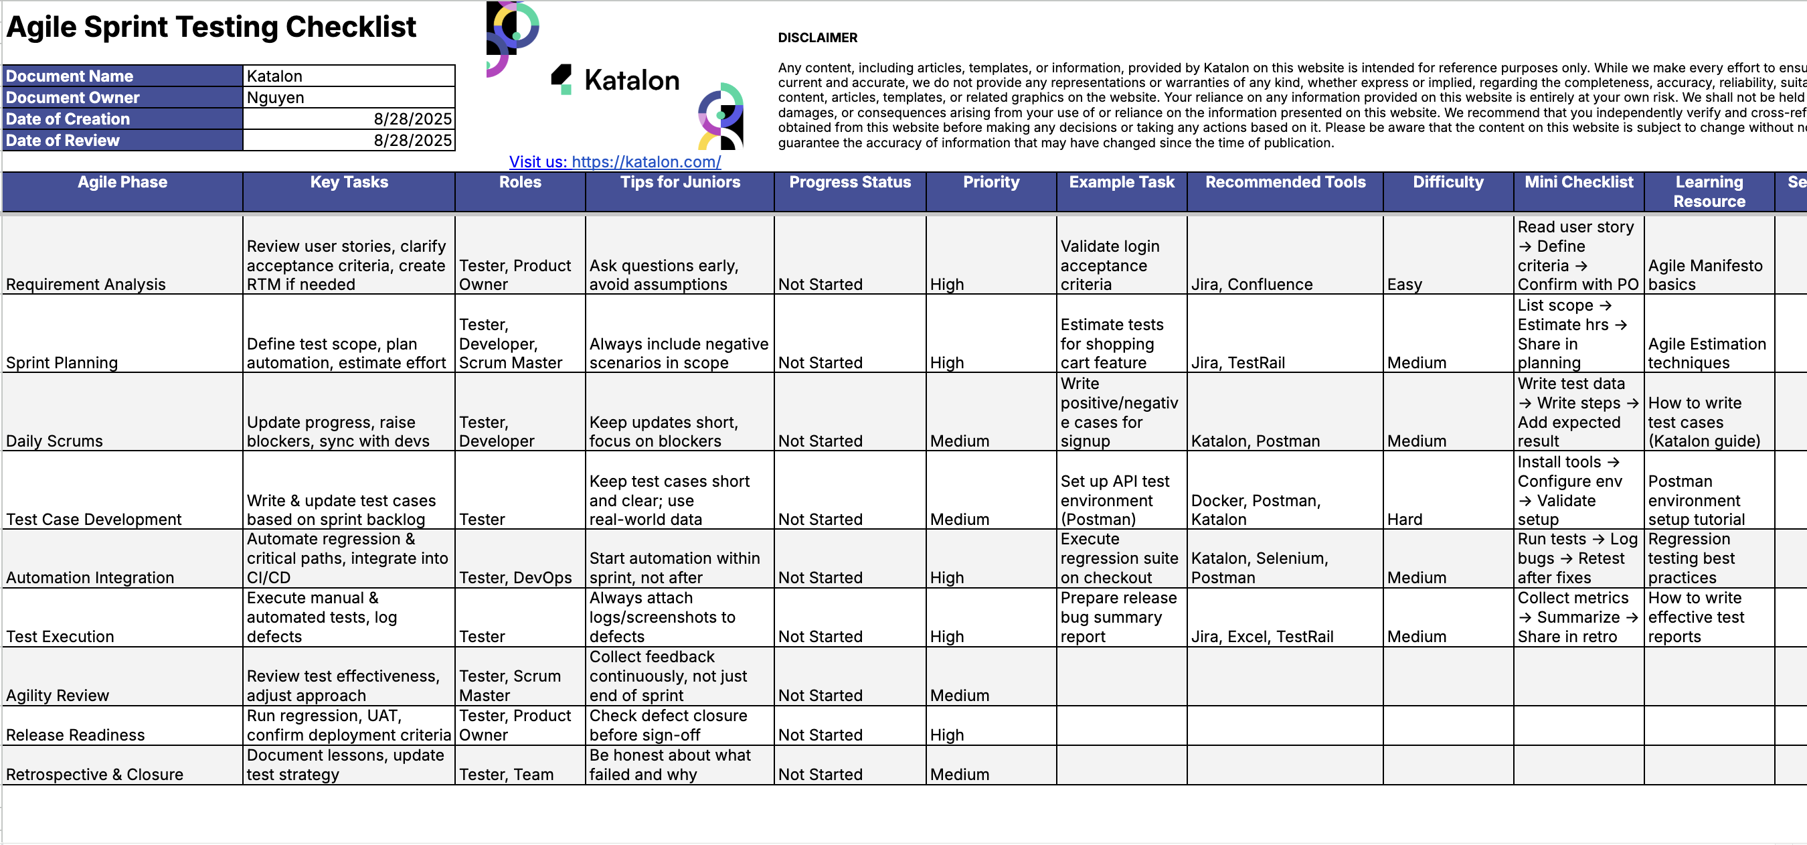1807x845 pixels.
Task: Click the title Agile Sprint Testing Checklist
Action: pos(210,27)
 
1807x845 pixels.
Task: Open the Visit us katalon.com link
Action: pos(614,162)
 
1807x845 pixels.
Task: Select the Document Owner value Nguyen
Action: pos(348,98)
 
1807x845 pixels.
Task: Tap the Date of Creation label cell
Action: pos(122,119)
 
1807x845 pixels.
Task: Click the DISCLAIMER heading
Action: pos(817,38)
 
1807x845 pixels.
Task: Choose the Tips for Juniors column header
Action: pos(680,183)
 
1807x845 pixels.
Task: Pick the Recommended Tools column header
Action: pos(1285,183)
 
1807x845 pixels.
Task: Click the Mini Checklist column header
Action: pos(1578,183)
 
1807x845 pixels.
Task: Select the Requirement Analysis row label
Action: pos(86,285)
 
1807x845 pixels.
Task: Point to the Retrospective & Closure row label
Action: pos(94,774)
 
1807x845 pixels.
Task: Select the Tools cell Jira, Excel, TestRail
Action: pos(1262,637)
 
